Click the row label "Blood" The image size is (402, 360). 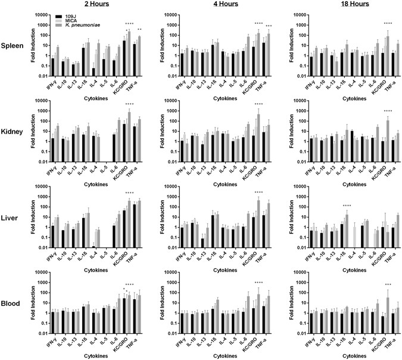tap(13, 303)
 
